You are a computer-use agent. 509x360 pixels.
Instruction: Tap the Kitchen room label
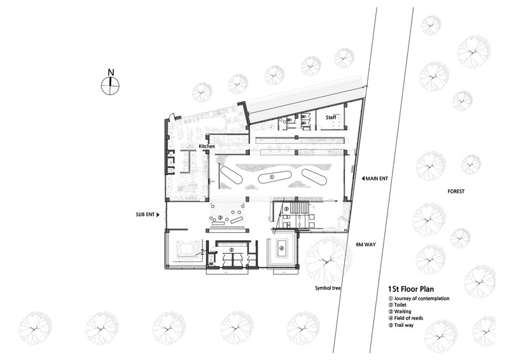point(207,146)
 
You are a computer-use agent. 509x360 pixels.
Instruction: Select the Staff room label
point(331,117)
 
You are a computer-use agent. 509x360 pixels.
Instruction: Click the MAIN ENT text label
point(377,179)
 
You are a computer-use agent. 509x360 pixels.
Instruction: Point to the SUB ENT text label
point(145,214)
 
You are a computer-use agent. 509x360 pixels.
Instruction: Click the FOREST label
point(456,191)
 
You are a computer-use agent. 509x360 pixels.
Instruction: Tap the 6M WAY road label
point(366,244)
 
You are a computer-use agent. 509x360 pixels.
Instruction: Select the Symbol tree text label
point(328,288)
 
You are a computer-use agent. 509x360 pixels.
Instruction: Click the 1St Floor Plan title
point(411,289)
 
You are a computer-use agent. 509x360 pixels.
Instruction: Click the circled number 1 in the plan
point(272,177)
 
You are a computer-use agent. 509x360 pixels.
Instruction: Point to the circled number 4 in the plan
point(281,248)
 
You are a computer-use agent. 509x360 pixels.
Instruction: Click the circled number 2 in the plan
point(232,250)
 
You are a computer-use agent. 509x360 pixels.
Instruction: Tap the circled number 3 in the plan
point(220,218)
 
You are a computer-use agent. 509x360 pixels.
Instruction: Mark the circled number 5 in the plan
point(286,209)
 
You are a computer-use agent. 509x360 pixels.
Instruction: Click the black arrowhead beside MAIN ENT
point(363,179)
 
